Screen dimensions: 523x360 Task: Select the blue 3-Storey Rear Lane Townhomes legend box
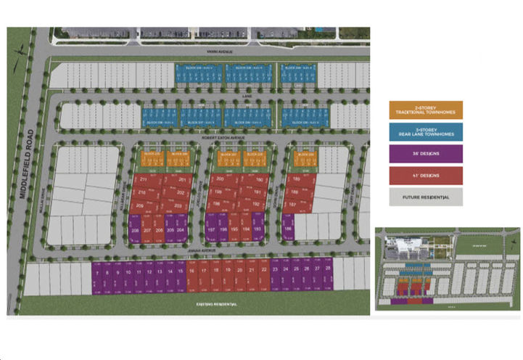coord(425,132)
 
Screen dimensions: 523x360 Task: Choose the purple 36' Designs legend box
coord(425,153)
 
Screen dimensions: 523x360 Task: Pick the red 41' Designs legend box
coord(425,175)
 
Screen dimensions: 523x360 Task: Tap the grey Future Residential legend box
coord(425,197)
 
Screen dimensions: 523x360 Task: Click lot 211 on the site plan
coord(143,180)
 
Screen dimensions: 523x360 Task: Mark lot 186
coord(289,228)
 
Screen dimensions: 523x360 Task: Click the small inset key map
coord(447,269)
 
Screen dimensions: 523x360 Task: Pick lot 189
coord(295,179)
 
